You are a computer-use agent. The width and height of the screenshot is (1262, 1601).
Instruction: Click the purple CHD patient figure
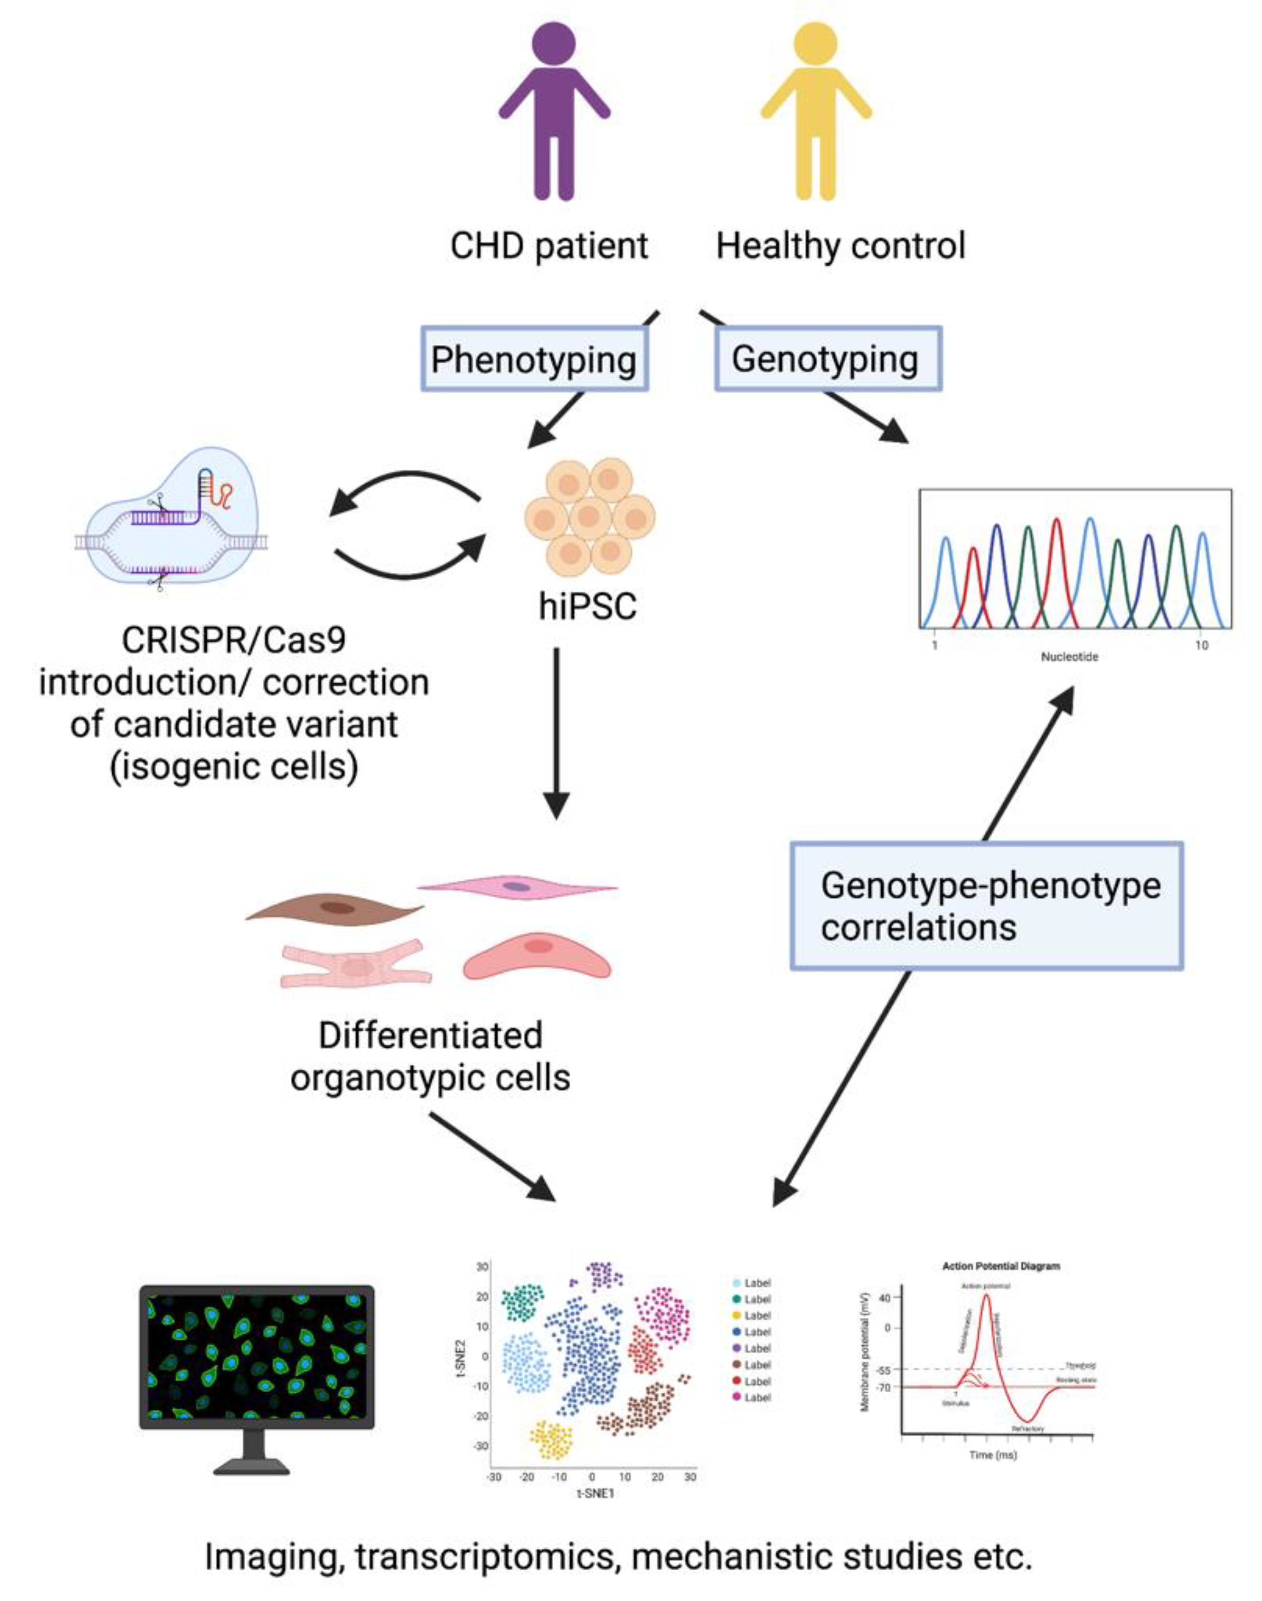[554, 111]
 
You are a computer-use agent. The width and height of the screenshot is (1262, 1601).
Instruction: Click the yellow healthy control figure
[816, 111]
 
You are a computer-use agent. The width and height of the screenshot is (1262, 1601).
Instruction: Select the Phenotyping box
[534, 360]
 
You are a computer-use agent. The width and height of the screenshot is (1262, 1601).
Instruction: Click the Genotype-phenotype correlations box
[987, 905]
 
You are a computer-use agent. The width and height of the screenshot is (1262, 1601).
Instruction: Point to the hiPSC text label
[587, 607]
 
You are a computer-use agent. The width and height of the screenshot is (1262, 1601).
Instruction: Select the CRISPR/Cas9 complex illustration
[171, 517]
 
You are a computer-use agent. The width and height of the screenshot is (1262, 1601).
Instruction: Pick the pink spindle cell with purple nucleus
[517, 886]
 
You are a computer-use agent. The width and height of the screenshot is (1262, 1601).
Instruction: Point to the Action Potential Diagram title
[1000, 1266]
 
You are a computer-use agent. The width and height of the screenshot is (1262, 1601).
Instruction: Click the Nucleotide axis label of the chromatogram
[1069, 656]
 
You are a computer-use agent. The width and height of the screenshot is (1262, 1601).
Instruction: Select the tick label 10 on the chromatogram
[1202, 645]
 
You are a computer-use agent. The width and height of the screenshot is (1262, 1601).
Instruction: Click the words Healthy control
[841, 246]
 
